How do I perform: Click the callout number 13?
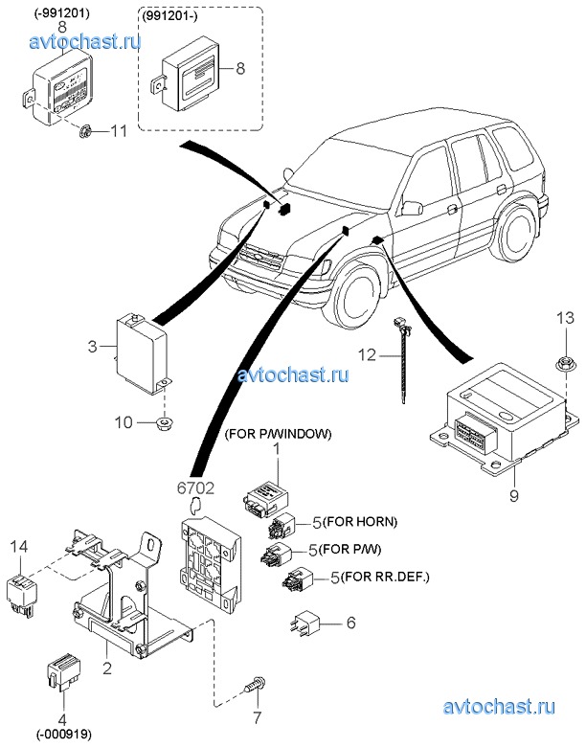pos(565,318)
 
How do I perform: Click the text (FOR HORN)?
pos(360,522)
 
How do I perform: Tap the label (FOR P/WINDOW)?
pos(277,433)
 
